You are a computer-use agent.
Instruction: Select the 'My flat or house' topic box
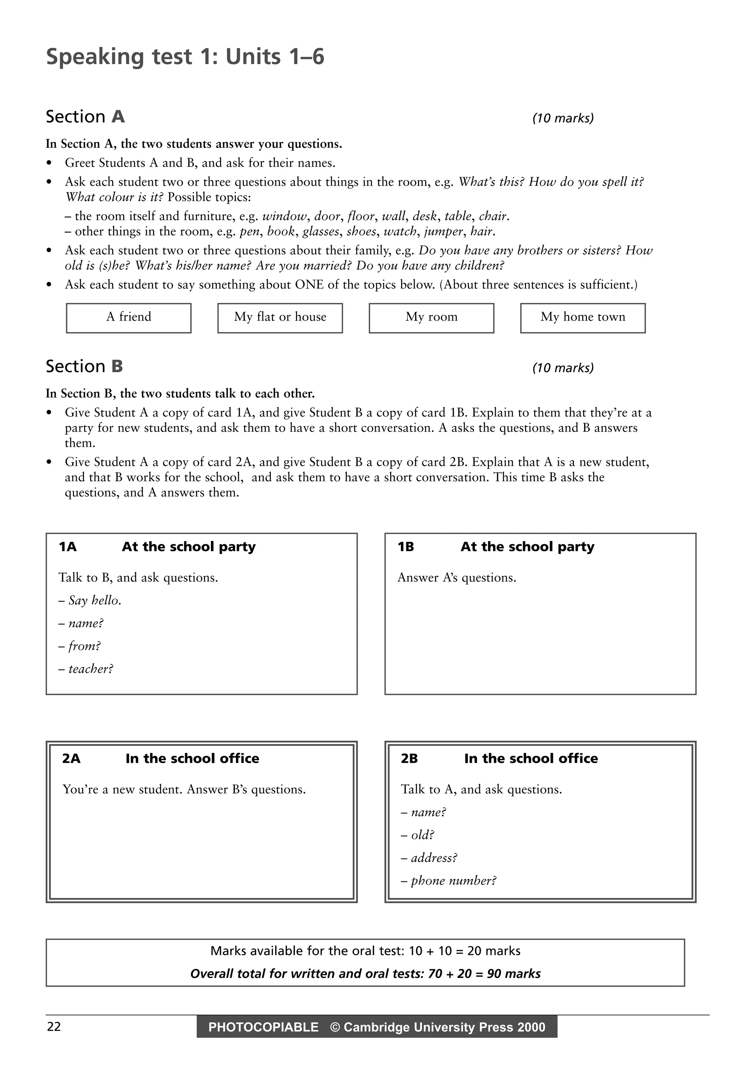[x=280, y=318]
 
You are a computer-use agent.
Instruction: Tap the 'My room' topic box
[x=431, y=318]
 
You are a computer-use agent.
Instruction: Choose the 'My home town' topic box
[x=582, y=318]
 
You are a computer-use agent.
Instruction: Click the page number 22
[x=54, y=1027]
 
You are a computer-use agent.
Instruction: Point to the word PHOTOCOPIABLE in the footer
[x=263, y=1027]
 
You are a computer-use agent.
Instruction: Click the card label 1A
[x=67, y=547]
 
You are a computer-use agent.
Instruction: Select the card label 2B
[x=409, y=759]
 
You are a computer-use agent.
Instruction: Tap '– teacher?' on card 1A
[x=86, y=669]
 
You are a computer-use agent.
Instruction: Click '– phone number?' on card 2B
[x=449, y=880]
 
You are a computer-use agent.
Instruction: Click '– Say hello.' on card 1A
[x=90, y=600]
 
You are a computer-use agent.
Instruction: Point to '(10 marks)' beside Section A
[x=563, y=118]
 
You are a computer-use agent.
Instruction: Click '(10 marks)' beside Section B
[x=563, y=368]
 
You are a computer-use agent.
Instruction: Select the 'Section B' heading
[x=84, y=367]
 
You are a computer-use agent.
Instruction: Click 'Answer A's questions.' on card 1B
[x=456, y=578]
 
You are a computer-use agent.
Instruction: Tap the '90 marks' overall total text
[x=514, y=974]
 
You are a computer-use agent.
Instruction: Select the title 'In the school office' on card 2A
[x=192, y=759]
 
